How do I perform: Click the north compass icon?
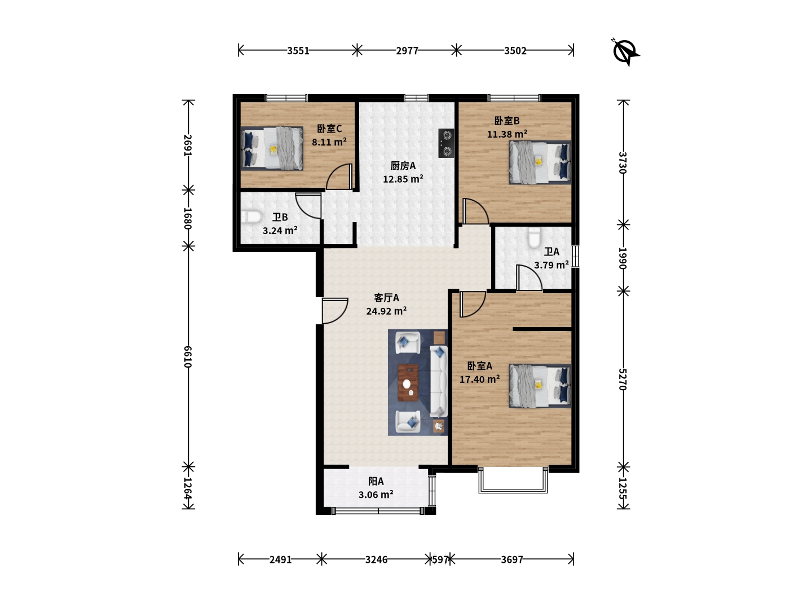tap(626, 52)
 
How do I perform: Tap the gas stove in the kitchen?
tap(446, 143)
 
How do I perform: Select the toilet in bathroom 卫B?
tap(251, 217)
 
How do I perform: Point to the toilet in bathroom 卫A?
tap(534, 238)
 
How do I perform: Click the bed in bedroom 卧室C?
tap(272, 149)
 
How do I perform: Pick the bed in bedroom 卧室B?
tap(540, 162)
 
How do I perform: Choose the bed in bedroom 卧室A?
tap(540, 386)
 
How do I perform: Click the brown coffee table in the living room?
tap(408, 383)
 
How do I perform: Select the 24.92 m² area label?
tap(387, 311)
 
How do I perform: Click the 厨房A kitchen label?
tap(403, 166)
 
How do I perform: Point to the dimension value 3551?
tap(298, 51)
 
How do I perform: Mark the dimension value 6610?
tap(188, 357)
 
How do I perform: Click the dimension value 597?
tap(440, 559)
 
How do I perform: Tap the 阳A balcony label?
tap(376, 481)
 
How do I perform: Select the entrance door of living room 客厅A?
tap(335, 311)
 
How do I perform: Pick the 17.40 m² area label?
tap(480, 379)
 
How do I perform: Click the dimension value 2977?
tap(407, 51)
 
